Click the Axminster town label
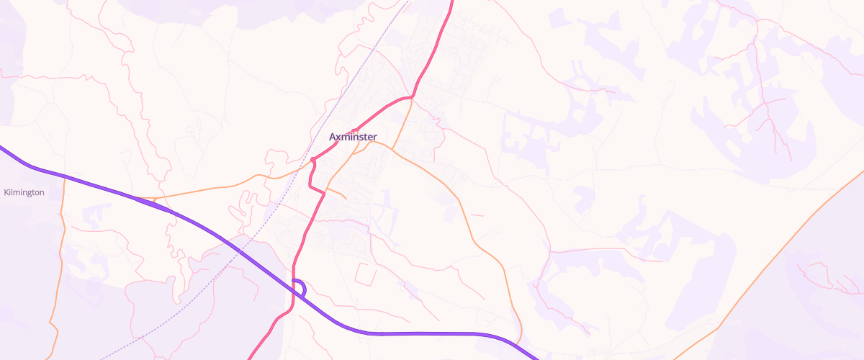click(x=353, y=137)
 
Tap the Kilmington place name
click(x=24, y=192)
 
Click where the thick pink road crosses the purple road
click(x=294, y=288)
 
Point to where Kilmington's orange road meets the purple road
click(x=64, y=176)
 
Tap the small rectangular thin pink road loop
click(x=365, y=273)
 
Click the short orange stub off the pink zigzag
click(x=338, y=194)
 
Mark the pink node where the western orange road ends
click(x=313, y=160)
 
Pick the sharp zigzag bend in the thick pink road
click(x=312, y=184)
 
